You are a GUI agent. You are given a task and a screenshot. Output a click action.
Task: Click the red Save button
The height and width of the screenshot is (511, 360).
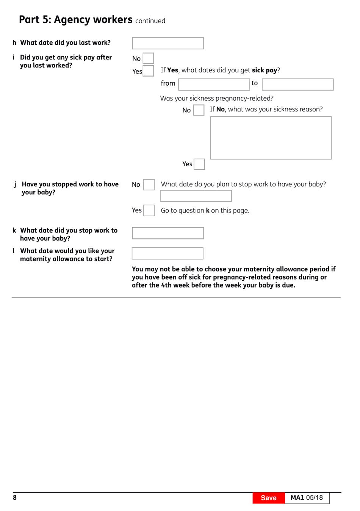[x=268, y=498]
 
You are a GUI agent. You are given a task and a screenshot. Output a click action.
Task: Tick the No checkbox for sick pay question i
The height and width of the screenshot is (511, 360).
[x=148, y=58]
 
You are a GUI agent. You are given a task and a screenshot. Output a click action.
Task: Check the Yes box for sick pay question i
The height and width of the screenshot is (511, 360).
[x=148, y=71]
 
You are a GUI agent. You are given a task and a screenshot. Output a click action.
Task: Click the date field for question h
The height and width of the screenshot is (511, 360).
[x=167, y=43]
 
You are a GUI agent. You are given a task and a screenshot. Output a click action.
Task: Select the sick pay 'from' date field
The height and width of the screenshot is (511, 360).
[x=214, y=84]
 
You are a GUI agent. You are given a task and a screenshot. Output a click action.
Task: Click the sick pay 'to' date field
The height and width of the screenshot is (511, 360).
[x=297, y=84]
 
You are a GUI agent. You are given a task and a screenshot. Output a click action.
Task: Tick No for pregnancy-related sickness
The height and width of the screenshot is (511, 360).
[x=199, y=110]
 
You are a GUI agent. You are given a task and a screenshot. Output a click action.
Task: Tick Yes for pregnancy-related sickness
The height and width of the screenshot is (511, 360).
[x=199, y=164]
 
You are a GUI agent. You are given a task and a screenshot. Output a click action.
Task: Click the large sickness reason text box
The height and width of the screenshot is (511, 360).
[x=271, y=138]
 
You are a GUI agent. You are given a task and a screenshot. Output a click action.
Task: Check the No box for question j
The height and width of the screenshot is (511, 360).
[x=149, y=184]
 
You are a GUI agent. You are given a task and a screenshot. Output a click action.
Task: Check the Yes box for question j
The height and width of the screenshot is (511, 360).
[x=149, y=210]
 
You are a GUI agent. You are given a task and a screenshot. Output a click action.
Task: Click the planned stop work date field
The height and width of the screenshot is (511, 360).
[x=196, y=196]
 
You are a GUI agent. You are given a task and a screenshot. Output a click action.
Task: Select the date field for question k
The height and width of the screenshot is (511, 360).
[x=167, y=233]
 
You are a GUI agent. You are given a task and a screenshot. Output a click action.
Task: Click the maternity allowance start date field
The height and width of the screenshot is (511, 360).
[x=167, y=253]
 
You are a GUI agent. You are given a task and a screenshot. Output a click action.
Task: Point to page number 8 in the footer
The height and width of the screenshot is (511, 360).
[x=15, y=497]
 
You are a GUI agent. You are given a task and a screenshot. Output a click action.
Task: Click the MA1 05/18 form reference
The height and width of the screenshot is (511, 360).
[x=307, y=498]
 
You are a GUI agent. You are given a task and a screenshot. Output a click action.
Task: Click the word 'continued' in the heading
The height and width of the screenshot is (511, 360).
[x=150, y=21]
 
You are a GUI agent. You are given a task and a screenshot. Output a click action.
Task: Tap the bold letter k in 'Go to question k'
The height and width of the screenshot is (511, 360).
[x=208, y=211]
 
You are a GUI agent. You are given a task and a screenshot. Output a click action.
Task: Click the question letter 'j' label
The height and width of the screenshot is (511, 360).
[x=15, y=184]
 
